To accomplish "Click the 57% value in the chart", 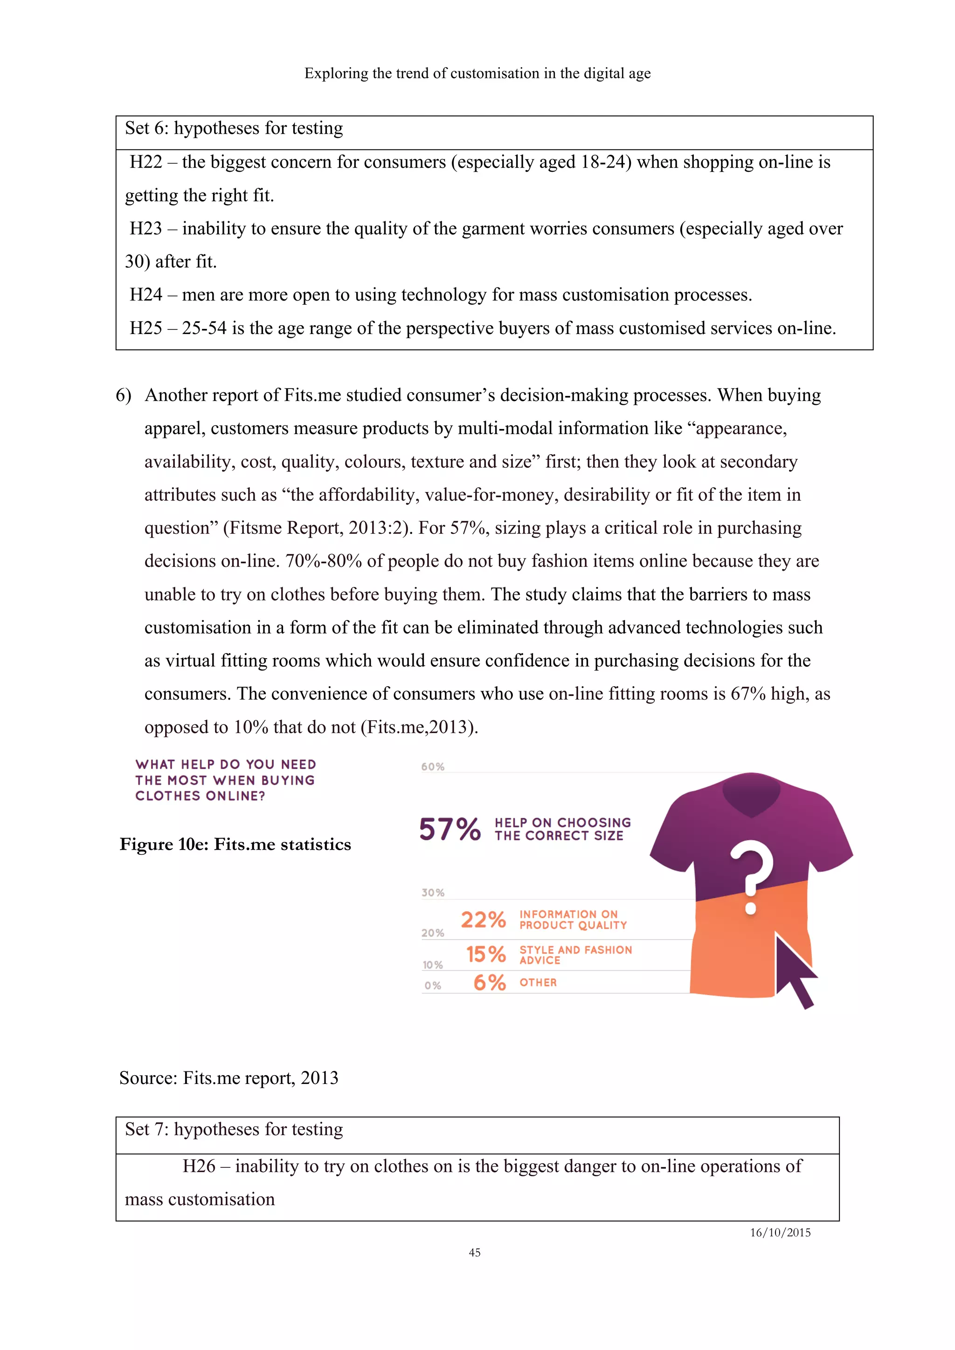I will point(450,829).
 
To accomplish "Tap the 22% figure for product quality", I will point(483,920).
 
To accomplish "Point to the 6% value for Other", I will point(490,982).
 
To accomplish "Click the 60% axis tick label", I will point(432,767).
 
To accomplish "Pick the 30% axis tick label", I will point(432,893).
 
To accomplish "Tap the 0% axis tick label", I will point(432,985).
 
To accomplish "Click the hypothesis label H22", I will point(145,162).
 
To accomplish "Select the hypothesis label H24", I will point(145,294).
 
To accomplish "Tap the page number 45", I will point(474,1252).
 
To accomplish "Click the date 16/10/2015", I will point(780,1233).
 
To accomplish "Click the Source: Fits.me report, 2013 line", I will point(228,1078).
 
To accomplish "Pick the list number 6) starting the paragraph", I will point(124,395).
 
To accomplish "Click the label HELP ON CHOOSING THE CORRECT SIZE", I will point(562,829).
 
